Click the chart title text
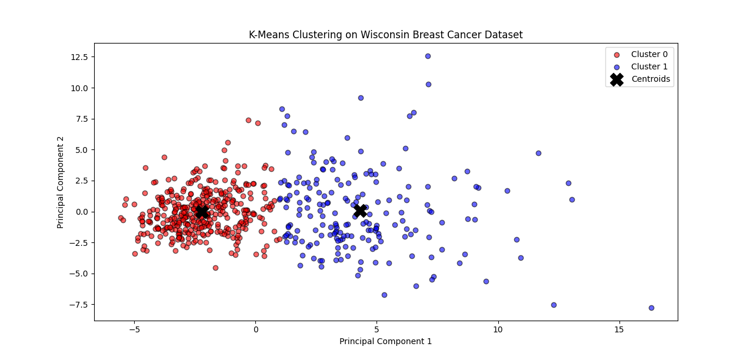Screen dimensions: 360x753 (385, 35)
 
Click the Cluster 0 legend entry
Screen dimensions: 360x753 (649, 54)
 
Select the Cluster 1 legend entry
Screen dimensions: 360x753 (649, 66)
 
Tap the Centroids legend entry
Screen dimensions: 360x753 (651, 79)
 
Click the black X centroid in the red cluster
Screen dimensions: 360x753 (202, 211)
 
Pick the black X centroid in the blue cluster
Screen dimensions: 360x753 (361, 211)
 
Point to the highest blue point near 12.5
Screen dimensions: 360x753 (428, 56)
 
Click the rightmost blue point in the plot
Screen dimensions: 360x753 (651, 308)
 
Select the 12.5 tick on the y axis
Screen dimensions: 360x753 (79, 57)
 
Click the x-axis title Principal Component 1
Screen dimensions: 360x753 (385, 341)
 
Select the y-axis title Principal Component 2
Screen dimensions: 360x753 (60, 182)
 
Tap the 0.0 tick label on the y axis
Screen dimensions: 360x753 (81, 212)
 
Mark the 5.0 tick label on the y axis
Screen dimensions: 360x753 (81, 150)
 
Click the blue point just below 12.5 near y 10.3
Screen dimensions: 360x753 (428, 84)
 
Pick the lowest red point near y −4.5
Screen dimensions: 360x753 (215, 268)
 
